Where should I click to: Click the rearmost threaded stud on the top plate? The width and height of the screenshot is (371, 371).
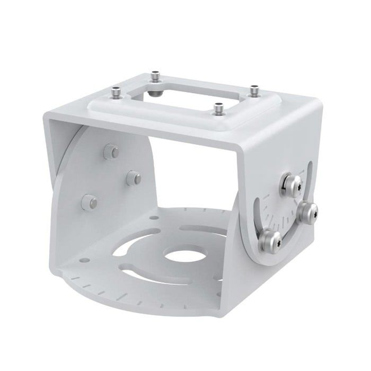(155, 76)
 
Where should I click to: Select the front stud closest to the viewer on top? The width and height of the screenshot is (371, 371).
(217, 108)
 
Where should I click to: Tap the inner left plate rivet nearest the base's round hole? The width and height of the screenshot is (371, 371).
(133, 178)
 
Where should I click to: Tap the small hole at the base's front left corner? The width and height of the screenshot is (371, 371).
(83, 261)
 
